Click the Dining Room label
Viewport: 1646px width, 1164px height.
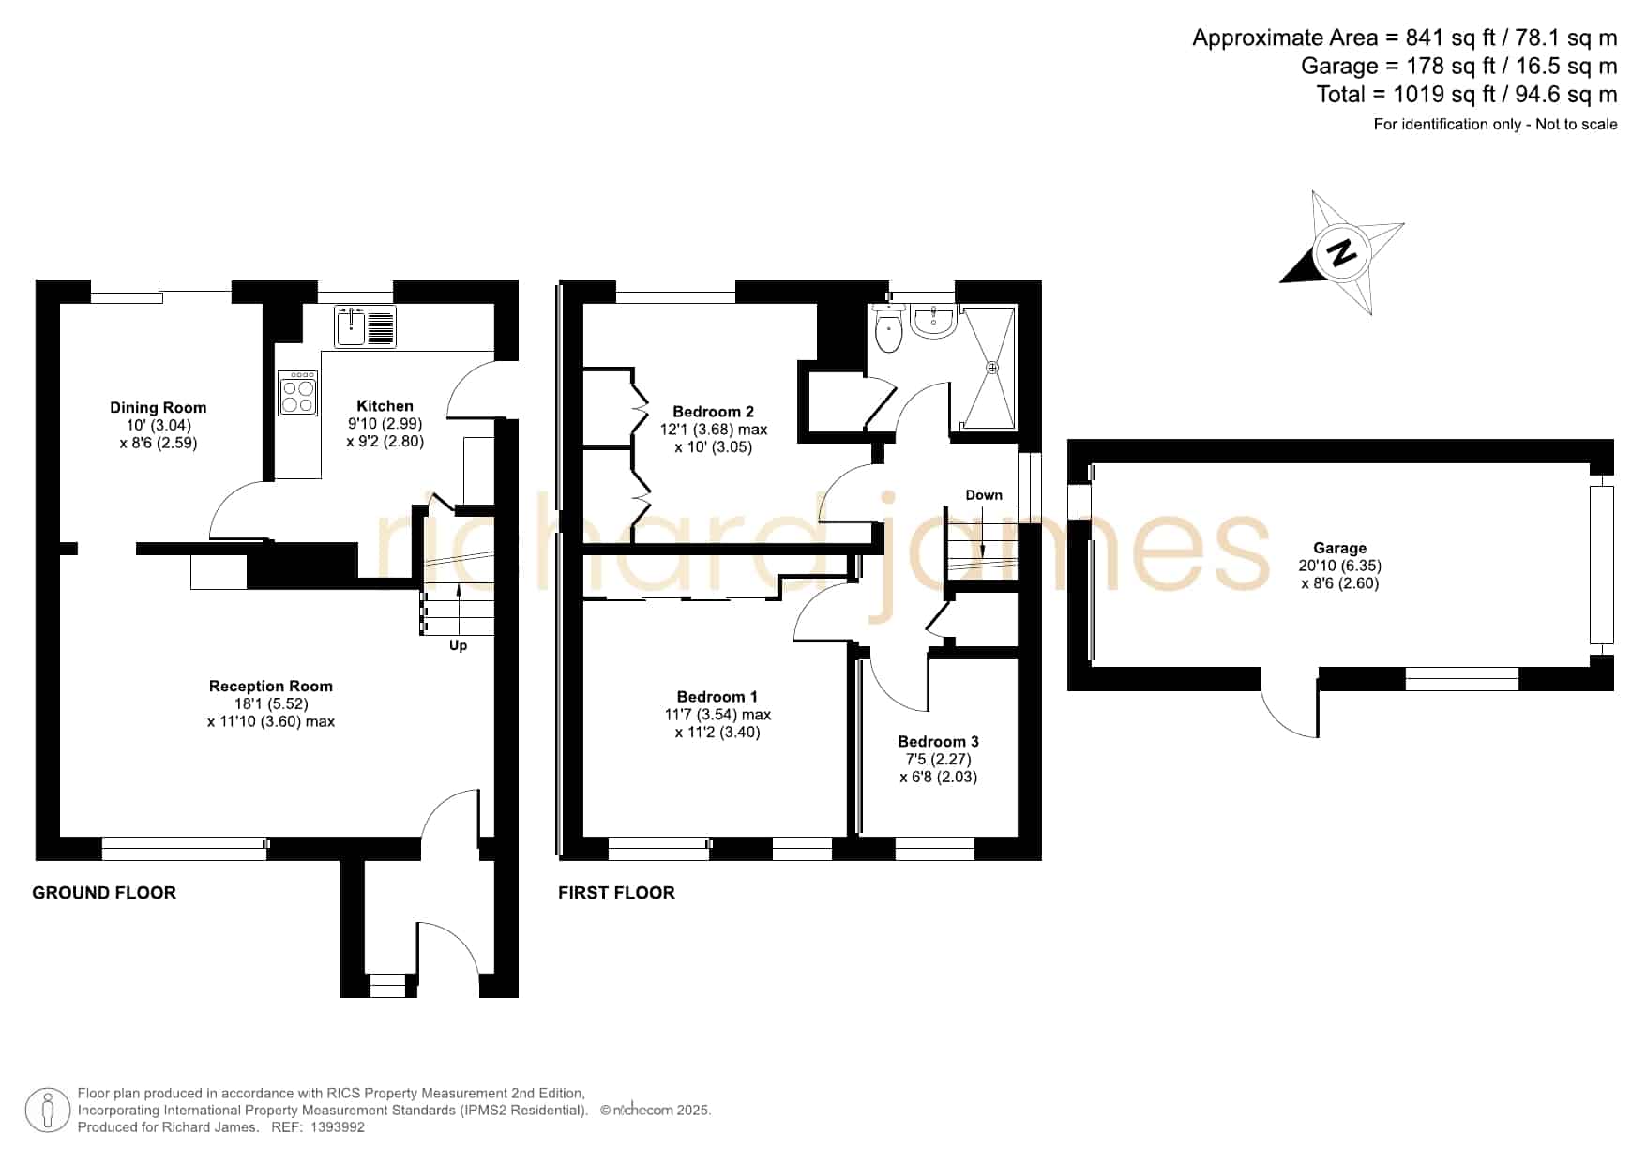point(158,407)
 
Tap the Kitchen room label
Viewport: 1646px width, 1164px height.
point(385,406)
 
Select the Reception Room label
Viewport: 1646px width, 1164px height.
point(270,687)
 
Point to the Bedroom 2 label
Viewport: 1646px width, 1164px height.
point(713,412)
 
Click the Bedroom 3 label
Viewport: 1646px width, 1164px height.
point(938,742)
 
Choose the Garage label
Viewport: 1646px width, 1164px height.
point(1339,549)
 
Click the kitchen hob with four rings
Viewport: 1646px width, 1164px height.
point(298,393)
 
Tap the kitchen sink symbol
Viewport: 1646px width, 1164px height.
point(366,325)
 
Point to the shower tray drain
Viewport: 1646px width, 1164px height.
point(992,368)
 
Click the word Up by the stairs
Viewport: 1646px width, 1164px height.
point(458,645)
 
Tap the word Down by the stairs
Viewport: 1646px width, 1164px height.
point(984,495)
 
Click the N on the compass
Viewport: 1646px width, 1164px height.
point(1342,252)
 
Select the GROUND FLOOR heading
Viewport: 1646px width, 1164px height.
point(104,893)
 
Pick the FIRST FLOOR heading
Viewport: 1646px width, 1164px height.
point(616,893)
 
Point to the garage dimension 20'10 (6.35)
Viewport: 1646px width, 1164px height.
point(1339,566)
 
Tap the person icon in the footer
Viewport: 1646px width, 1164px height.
point(48,1111)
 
